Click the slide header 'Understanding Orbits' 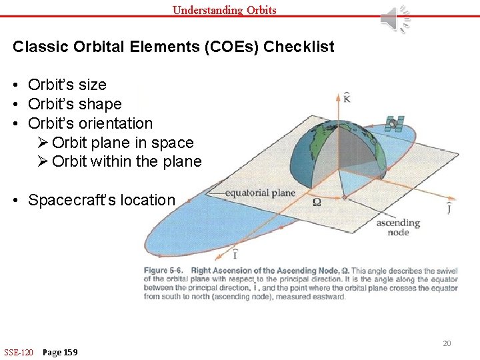[x=224, y=9]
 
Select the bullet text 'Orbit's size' [x=67, y=85]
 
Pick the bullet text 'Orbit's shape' [x=75, y=104]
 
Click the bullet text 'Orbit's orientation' [x=90, y=123]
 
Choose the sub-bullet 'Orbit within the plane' [x=126, y=161]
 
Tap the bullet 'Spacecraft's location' [x=101, y=200]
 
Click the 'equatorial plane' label [x=260, y=193]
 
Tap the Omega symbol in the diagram [x=317, y=201]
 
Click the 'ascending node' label [x=397, y=227]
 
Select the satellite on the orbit [x=394, y=123]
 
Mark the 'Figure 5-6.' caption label [x=165, y=271]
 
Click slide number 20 [x=447, y=343]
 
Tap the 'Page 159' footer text [x=60, y=352]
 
